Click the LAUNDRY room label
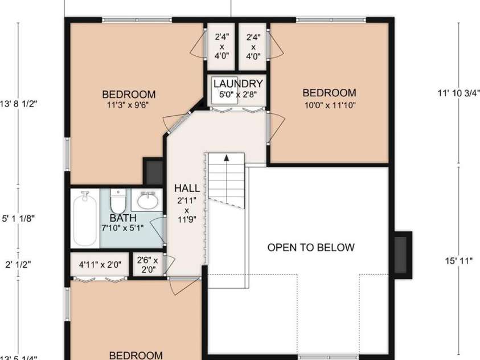(x=238, y=84)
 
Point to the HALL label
(x=187, y=188)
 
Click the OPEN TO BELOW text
(x=311, y=247)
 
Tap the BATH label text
(x=123, y=218)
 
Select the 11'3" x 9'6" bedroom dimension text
(x=128, y=105)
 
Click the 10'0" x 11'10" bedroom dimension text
(x=329, y=104)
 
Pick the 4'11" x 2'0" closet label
(x=100, y=264)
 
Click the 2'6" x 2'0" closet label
(x=148, y=264)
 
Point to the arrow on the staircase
(x=226, y=159)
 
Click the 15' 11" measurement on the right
(x=459, y=261)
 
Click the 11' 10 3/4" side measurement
(x=459, y=92)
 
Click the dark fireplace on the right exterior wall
(x=403, y=255)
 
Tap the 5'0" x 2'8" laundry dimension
(x=238, y=95)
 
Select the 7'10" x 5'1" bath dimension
(x=122, y=228)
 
